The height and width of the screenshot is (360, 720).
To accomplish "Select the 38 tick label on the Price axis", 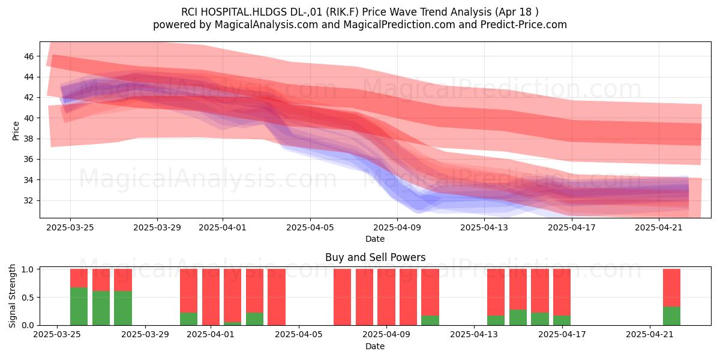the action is click(29, 139).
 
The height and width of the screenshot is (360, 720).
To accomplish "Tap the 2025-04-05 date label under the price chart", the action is click(310, 227).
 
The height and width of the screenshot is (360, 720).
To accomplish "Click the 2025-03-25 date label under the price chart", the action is click(70, 227).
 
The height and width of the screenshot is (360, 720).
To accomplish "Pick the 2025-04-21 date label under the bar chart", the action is click(650, 335).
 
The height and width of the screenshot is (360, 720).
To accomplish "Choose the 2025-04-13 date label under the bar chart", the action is click(474, 335).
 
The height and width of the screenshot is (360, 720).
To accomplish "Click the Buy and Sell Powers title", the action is click(375, 257).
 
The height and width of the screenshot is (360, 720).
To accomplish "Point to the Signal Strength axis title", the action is click(12, 296).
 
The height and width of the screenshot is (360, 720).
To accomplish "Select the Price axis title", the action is click(16, 131).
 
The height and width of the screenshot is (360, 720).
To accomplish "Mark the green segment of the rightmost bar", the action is click(672, 316).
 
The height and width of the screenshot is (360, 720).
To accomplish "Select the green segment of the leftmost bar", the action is click(79, 307).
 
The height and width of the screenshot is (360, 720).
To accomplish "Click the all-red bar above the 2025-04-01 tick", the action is click(211, 297).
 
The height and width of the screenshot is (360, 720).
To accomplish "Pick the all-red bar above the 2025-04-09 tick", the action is click(386, 297).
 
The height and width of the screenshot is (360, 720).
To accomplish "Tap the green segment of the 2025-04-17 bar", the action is click(562, 320).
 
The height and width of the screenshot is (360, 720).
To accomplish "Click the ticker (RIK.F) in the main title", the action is click(343, 12).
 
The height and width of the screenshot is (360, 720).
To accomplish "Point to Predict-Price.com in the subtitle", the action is click(524, 25).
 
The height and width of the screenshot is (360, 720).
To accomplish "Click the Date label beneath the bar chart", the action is click(375, 346).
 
